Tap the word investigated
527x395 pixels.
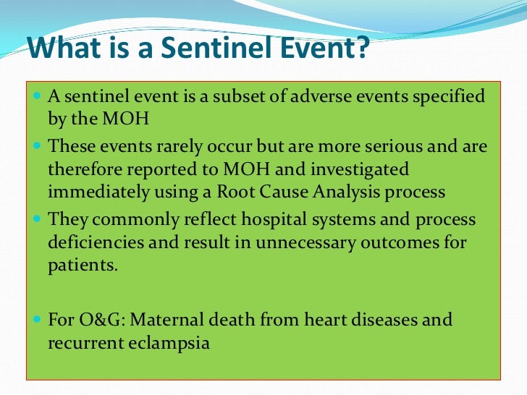coord(359,169)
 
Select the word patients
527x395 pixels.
coord(82,265)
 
